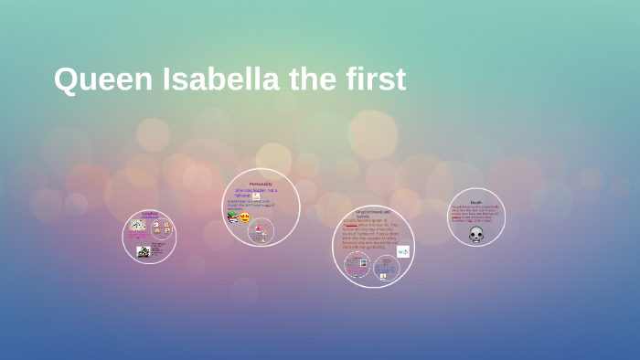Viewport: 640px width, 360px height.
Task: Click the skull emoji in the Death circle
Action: [476, 234]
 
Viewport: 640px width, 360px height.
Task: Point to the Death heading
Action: [476, 202]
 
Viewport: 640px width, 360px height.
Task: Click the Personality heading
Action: [261, 185]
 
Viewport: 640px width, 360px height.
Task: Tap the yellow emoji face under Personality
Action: [246, 217]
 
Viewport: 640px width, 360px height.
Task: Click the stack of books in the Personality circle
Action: [233, 217]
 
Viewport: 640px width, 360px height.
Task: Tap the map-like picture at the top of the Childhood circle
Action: [137, 225]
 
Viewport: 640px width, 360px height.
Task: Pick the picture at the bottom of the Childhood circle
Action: [144, 252]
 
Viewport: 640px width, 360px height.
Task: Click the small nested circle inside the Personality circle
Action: [261, 232]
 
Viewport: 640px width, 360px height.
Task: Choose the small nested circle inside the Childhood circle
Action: [161, 229]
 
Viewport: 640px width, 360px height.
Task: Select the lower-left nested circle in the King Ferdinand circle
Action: [357, 265]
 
